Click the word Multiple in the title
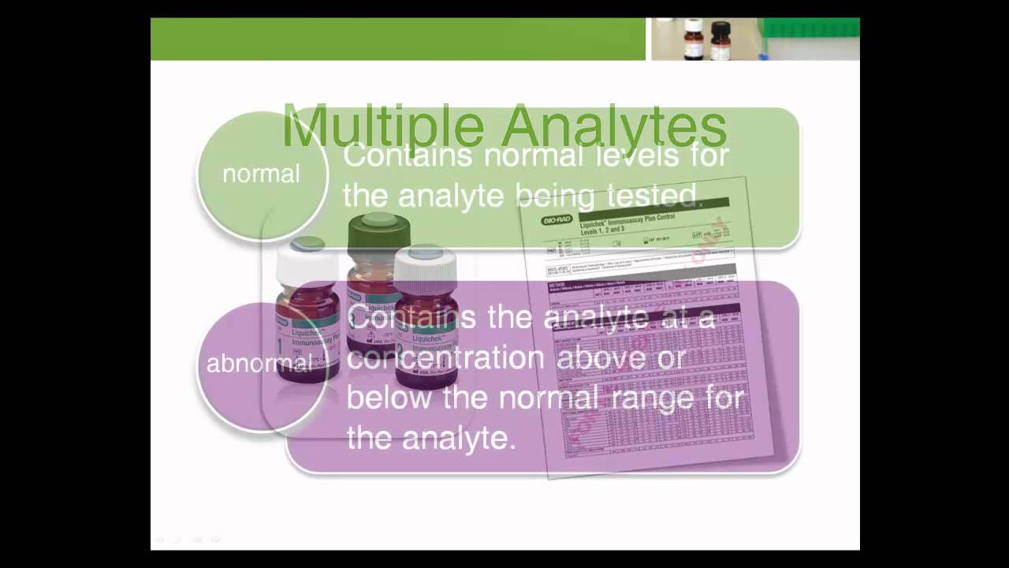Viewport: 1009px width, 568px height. click(x=383, y=126)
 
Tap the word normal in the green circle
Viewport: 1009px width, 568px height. click(x=261, y=174)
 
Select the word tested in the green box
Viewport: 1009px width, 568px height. click(x=653, y=195)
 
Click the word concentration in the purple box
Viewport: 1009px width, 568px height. click(x=445, y=357)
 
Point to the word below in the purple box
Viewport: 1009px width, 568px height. click(x=389, y=397)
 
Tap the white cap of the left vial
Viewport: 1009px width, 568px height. click(x=307, y=260)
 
